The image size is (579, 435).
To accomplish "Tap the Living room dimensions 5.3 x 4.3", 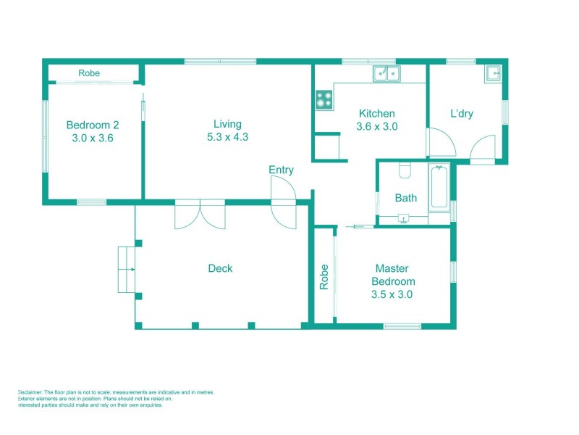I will tap(227, 136).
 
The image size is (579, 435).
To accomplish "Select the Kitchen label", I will tap(377, 113).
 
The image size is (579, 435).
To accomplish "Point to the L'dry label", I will tap(462, 114).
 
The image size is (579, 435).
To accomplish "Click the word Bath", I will tap(405, 197).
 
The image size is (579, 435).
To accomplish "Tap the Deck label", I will tap(220, 268).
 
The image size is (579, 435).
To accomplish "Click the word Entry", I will tap(281, 170).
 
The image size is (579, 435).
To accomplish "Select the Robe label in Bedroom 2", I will tap(90, 73).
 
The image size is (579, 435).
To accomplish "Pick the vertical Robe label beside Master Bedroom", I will tap(324, 276).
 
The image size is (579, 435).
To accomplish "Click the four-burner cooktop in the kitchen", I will tap(324, 99).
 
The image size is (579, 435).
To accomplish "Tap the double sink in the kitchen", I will tap(387, 73).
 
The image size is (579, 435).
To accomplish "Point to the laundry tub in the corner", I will tap(493, 73).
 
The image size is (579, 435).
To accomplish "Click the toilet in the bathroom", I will tap(405, 170).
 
